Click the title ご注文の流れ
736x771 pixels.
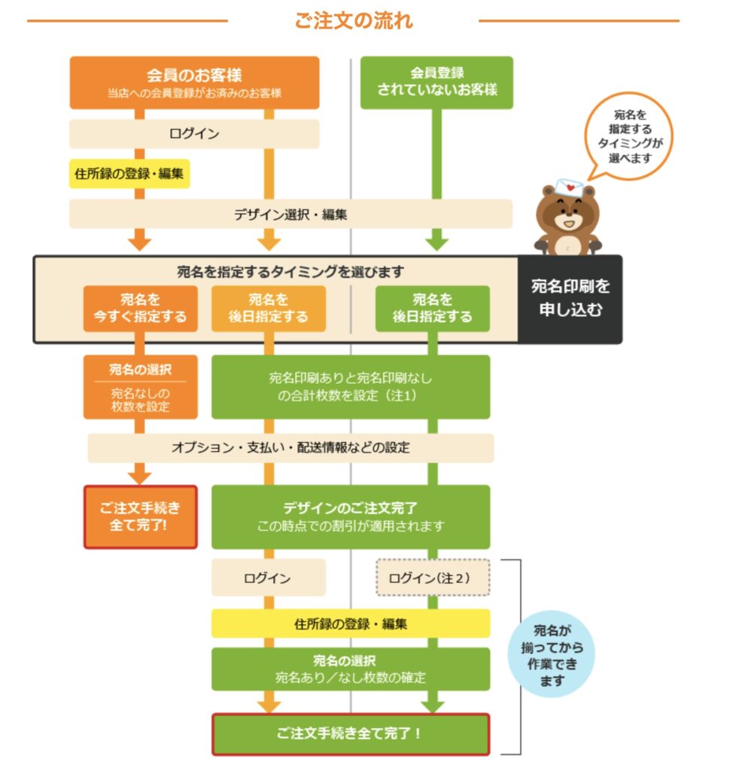353,20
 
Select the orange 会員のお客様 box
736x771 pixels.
194,82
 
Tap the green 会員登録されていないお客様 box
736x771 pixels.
436,82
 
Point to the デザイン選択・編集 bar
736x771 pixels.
290,214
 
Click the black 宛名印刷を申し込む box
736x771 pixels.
570,298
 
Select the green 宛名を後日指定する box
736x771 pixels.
432,308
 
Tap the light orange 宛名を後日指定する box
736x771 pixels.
269,308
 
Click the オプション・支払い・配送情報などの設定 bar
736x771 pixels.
290,447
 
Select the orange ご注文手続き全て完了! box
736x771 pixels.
141,517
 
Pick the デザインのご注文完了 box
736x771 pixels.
351,517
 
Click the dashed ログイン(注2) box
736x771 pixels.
432,577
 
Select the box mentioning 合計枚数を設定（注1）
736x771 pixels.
351,386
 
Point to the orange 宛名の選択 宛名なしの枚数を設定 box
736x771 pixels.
141,386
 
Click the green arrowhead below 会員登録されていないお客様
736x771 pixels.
436,243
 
